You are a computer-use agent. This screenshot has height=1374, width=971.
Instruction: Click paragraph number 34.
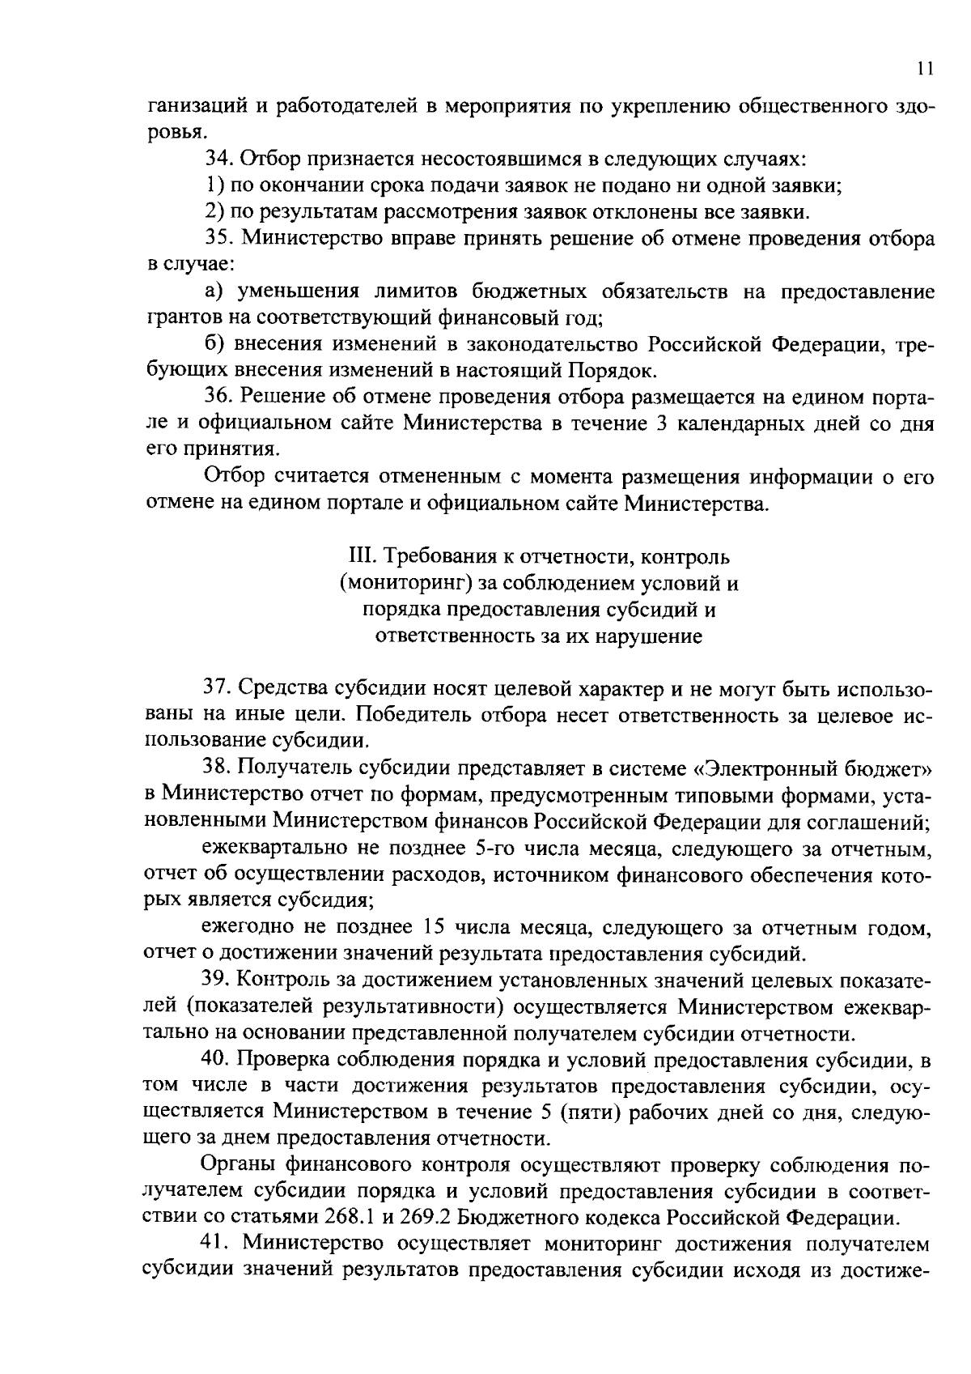pos(218,159)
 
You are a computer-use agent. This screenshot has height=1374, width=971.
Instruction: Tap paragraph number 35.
pos(218,239)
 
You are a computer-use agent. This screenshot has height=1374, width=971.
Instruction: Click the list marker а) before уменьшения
pos(212,291)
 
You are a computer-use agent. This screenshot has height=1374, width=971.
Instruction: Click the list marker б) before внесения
pos(213,344)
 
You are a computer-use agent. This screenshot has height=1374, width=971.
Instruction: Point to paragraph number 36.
pos(218,398)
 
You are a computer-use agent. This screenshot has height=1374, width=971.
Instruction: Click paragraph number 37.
pos(218,689)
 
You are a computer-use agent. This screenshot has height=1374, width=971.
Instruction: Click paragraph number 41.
pos(218,1244)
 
